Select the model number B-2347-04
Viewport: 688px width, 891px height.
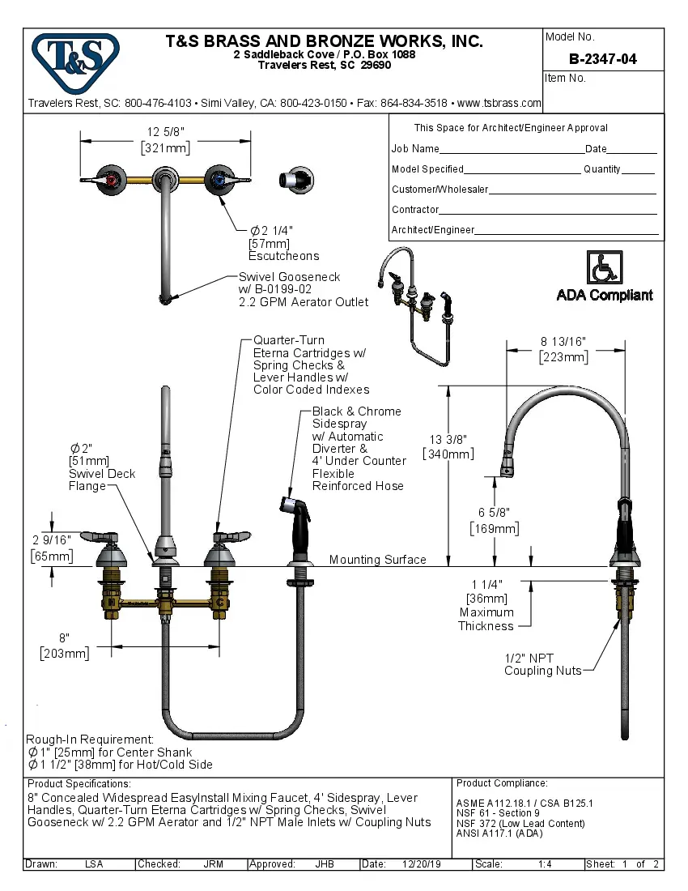602,58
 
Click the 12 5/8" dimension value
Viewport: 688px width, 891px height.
165,132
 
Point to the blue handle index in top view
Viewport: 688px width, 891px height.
217,179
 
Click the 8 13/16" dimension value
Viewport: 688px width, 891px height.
563,341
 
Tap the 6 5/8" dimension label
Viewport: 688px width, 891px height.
495,512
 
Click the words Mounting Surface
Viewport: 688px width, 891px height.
377,560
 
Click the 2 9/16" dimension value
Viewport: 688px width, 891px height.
52,539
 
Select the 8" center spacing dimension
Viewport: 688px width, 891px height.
63,637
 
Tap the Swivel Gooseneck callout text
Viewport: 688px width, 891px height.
289,277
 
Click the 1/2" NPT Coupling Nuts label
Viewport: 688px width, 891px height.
542,664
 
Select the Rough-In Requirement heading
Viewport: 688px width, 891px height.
90,740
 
